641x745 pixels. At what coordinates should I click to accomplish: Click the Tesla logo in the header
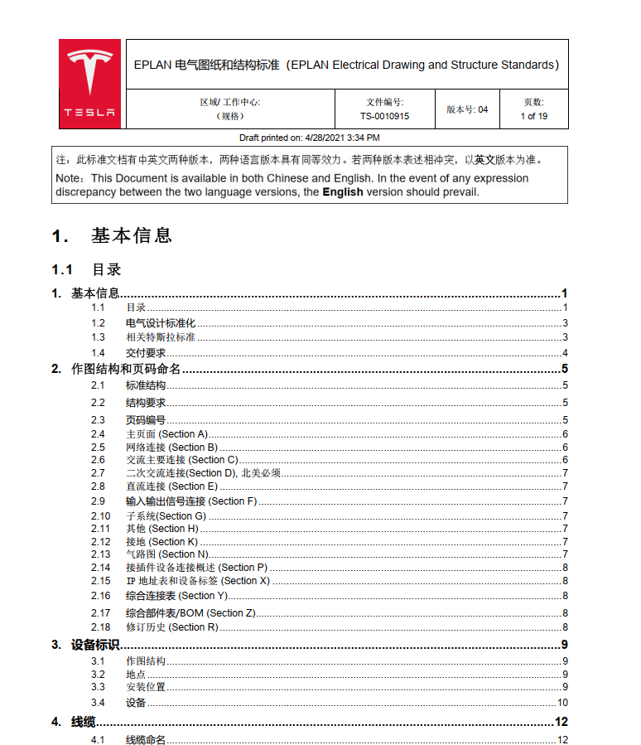coord(90,84)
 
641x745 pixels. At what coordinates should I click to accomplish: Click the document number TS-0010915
coord(384,116)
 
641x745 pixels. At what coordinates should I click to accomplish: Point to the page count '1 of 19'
coord(533,116)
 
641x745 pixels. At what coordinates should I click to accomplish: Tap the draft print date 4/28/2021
coord(329,138)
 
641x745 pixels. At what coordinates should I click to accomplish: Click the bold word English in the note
coord(342,191)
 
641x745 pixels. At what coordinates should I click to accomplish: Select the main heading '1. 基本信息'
coord(112,236)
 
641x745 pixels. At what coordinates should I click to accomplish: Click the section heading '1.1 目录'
coord(86,269)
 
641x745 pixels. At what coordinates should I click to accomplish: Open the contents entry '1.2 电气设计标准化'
coord(161,323)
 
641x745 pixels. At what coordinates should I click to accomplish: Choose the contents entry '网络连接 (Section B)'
coord(171,447)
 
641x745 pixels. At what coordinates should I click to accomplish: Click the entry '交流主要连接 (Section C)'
coord(181,460)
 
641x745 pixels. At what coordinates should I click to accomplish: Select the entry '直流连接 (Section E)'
coord(171,486)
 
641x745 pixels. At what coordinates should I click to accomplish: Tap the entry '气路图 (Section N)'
coord(166,554)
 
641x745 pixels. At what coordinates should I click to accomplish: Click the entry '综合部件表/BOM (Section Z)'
coord(190,613)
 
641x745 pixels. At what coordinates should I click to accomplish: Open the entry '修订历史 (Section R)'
coord(171,627)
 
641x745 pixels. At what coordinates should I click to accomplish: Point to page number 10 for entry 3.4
coord(561,703)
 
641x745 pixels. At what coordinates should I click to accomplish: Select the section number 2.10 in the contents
coord(100,516)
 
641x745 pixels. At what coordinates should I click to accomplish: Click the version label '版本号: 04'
coord(467,109)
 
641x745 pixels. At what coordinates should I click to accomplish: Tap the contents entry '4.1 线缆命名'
coord(146,740)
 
